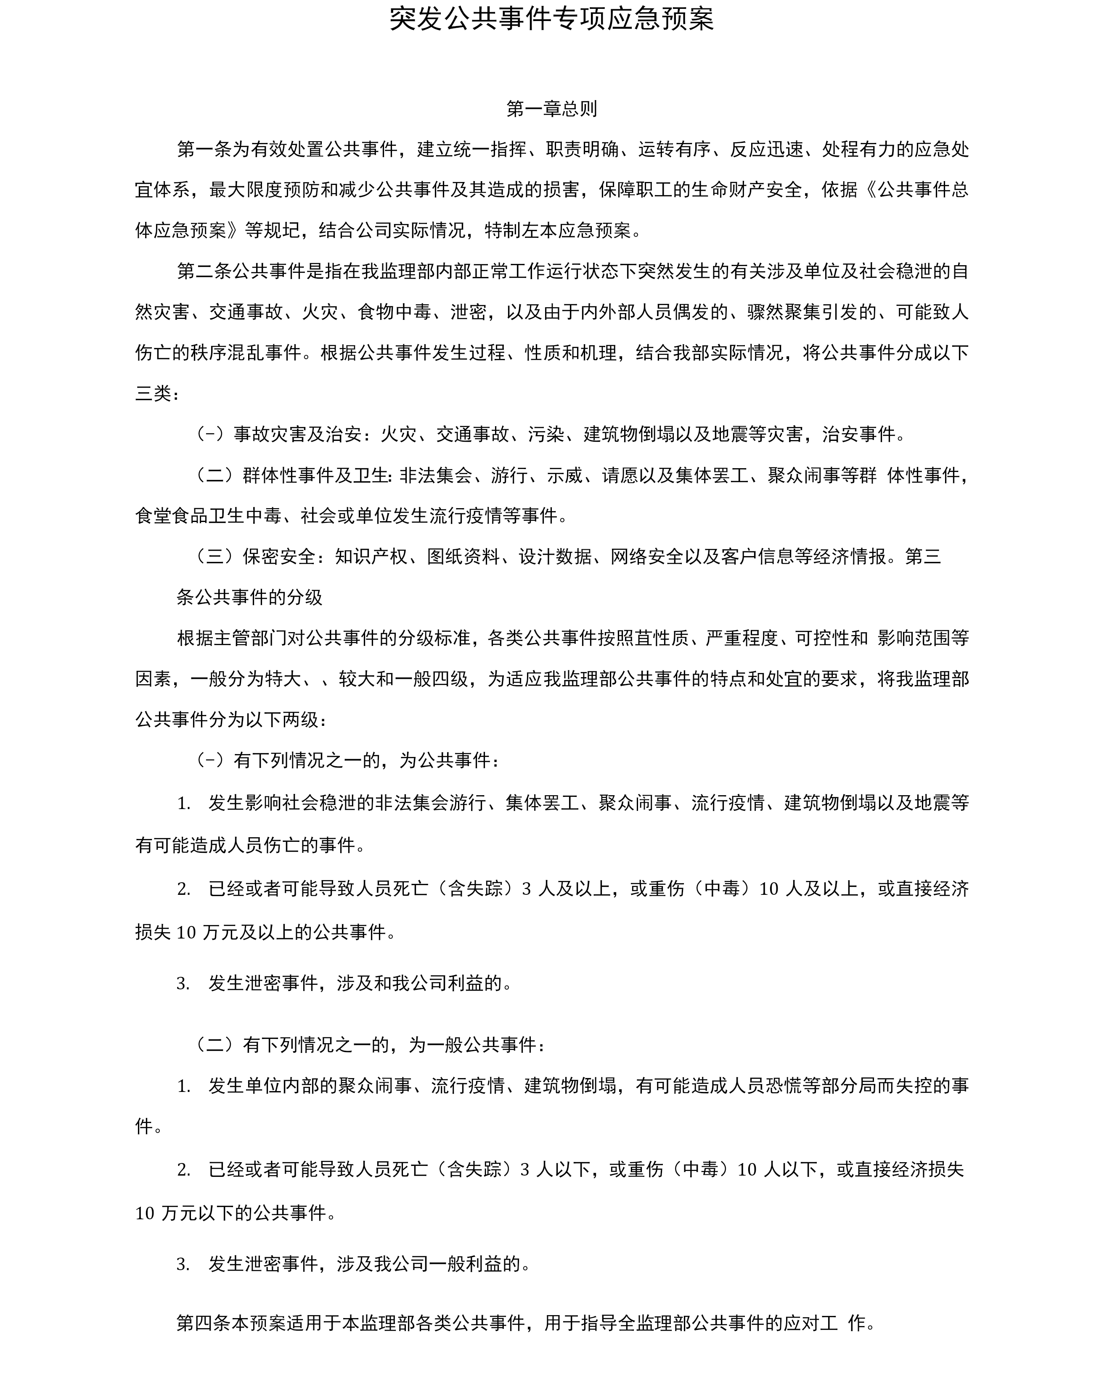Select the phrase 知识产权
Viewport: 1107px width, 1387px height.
(371, 556)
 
